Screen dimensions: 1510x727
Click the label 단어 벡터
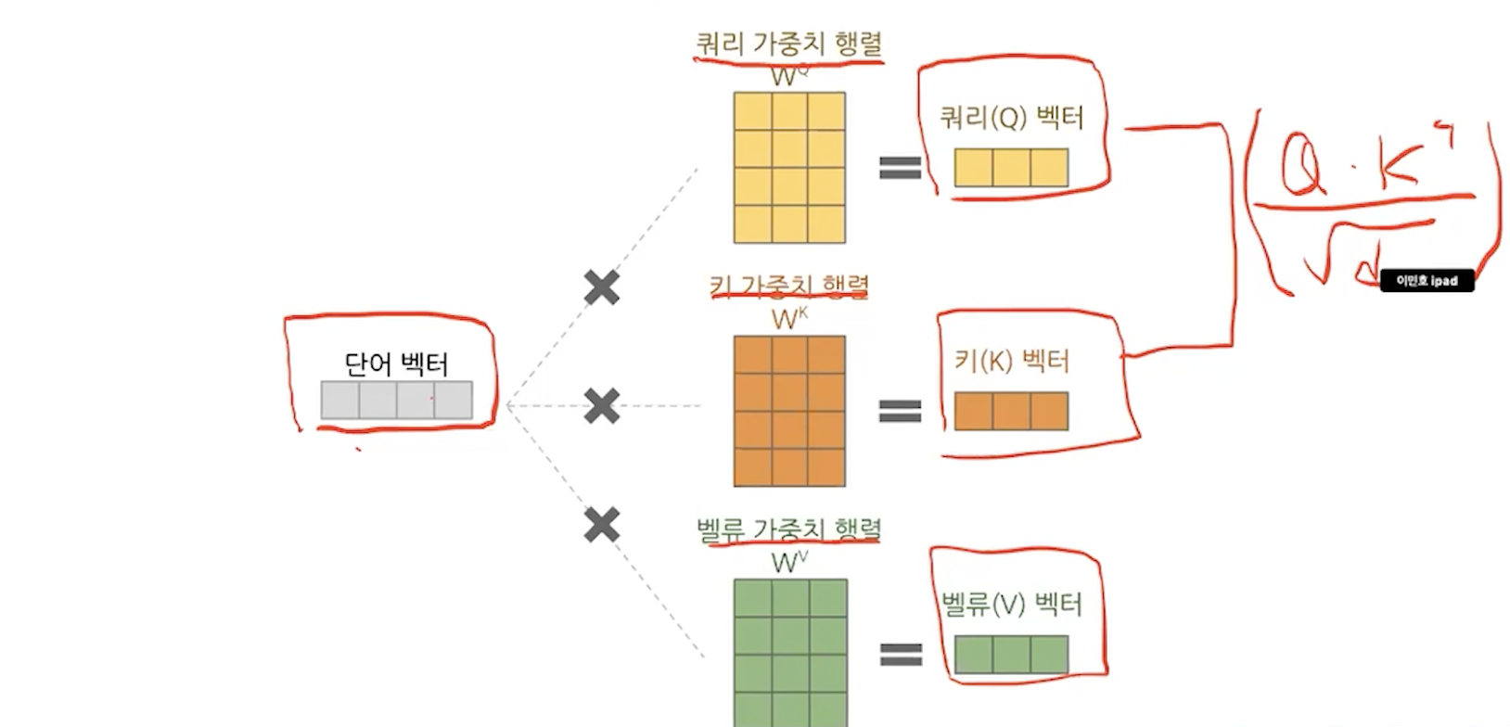(x=396, y=363)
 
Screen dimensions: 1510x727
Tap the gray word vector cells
(x=396, y=400)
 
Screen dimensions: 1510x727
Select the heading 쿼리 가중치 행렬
(x=788, y=44)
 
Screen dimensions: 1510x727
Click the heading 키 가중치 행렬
(x=788, y=287)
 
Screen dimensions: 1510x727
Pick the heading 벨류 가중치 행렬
(x=788, y=529)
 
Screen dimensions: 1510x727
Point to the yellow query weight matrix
(x=789, y=167)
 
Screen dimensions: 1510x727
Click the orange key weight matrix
(x=789, y=411)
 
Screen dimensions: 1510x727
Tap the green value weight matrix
(x=790, y=651)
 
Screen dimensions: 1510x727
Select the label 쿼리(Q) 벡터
(x=1011, y=118)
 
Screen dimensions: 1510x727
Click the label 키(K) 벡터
(x=1011, y=361)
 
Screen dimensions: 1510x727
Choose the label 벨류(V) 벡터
(x=1011, y=605)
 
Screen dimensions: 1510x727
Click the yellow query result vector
(x=1011, y=168)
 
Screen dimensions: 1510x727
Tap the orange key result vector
(x=1011, y=411)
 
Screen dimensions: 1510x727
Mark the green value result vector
(x=1011, y=654)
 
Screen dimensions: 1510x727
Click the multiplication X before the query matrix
(x=602, y=287)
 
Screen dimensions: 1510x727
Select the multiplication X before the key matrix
(x=602, y=405)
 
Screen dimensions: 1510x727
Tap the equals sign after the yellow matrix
(x=900, y=167)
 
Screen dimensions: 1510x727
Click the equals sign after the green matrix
(x=900, y=655)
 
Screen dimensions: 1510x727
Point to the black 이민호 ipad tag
(x=1427, y=280)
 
